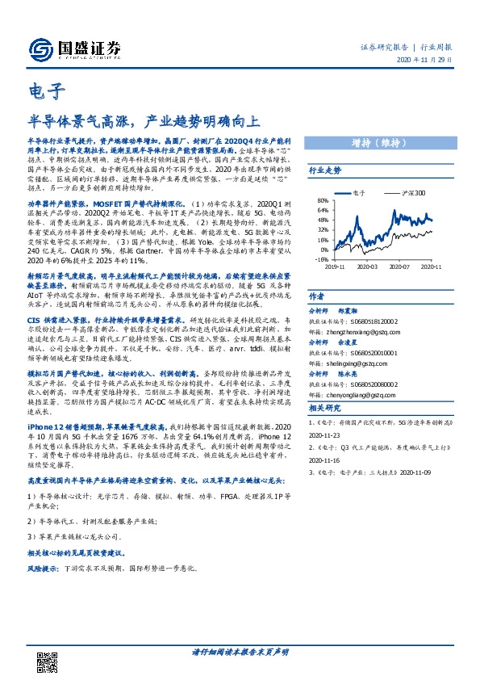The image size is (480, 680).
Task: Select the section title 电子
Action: point(41,91)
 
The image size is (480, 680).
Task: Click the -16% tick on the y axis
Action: point(322,260)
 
